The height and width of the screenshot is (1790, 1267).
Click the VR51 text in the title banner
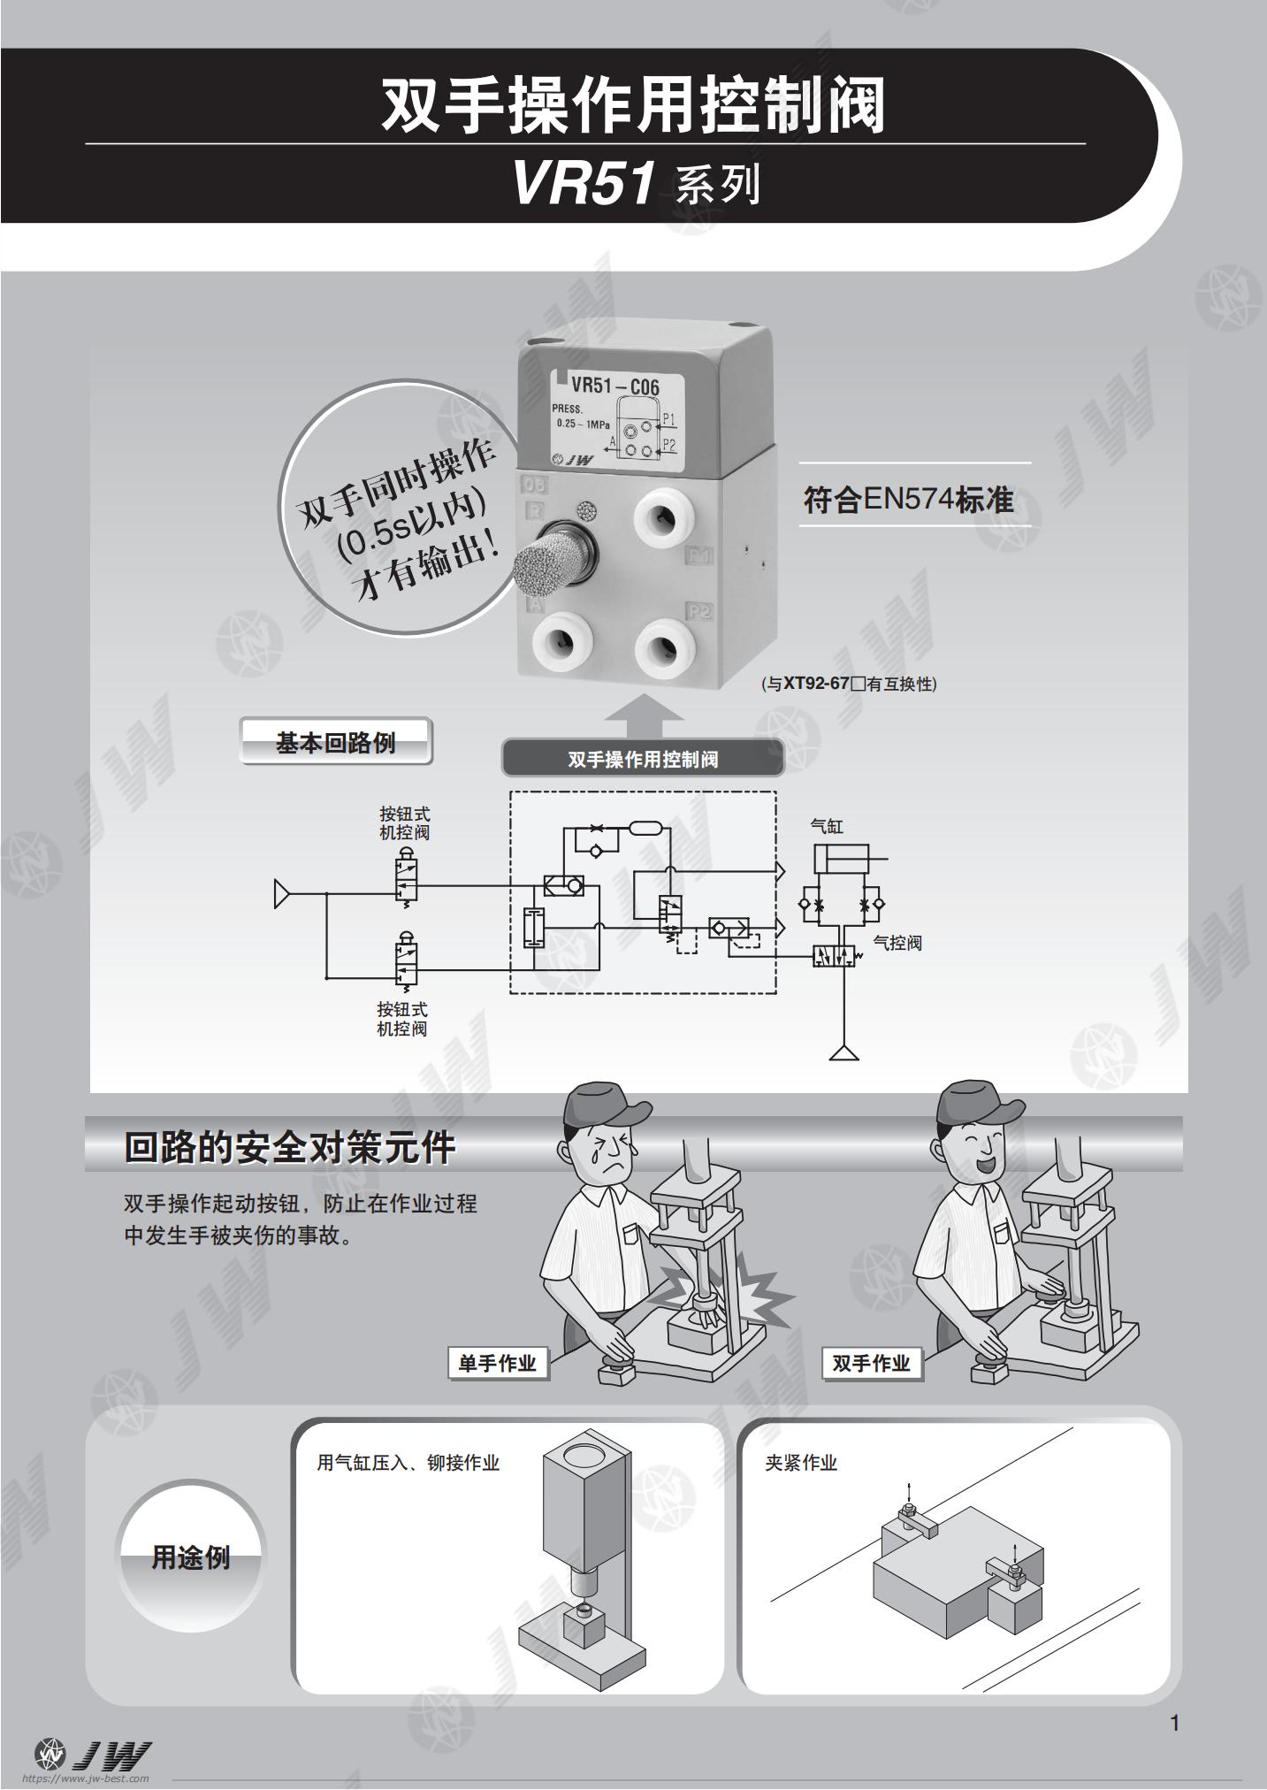(x=584, y=184)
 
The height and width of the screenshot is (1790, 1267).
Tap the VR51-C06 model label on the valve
(x=614, y=386)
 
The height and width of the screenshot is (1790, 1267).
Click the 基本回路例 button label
(x=335, y=742)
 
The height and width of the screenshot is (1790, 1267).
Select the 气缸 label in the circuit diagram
(x=827, y=827)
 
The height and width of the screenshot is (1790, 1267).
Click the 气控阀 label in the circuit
(x=897, y=943)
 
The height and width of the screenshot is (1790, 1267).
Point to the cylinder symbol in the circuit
(x=841, y=858)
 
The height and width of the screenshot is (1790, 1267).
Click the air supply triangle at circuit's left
(x=282, y=894)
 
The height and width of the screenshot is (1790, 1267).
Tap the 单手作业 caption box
(x=498, y=1363)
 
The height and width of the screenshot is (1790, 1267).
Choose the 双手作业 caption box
(x=871, y=1363)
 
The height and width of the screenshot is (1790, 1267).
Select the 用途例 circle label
(x=191, y=1557)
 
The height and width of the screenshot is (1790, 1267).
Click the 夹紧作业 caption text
(x=801, y=1463)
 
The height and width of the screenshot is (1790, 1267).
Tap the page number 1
(x=1174, y=1723)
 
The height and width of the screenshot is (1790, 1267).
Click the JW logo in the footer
(x=93, y=1753)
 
